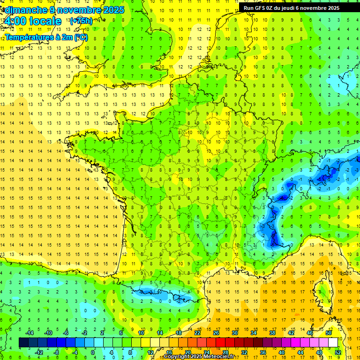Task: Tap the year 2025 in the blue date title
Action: click(112, 10)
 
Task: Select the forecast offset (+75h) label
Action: click(81, 21)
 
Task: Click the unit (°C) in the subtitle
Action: click(81, 37)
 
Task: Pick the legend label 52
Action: click(338, 352)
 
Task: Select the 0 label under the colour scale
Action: click(92, 352)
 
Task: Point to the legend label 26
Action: click(216, 332)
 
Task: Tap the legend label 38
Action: click(272, 332)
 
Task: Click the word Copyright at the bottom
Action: click(177, 357)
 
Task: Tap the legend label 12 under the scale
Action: click(150, 352)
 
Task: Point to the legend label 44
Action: click(300, 352)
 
